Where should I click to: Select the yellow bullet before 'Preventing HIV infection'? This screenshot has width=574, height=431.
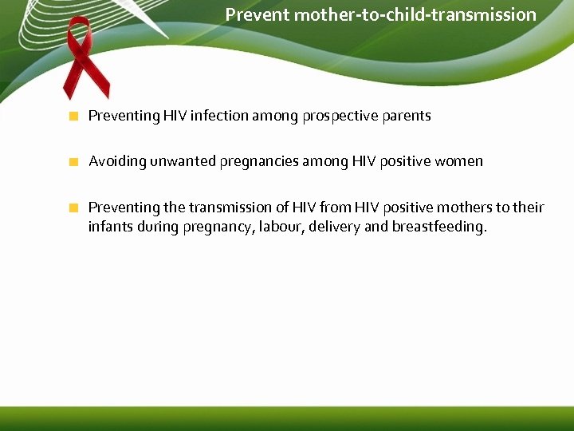pos(73,117)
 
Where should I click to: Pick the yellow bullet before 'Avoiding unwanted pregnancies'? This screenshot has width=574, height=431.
pos(73,162)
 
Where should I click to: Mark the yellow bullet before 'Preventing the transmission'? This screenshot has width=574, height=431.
pos(73,208)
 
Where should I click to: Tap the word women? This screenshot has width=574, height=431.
pos(458,161)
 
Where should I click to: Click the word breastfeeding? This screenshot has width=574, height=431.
pos(438,227)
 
